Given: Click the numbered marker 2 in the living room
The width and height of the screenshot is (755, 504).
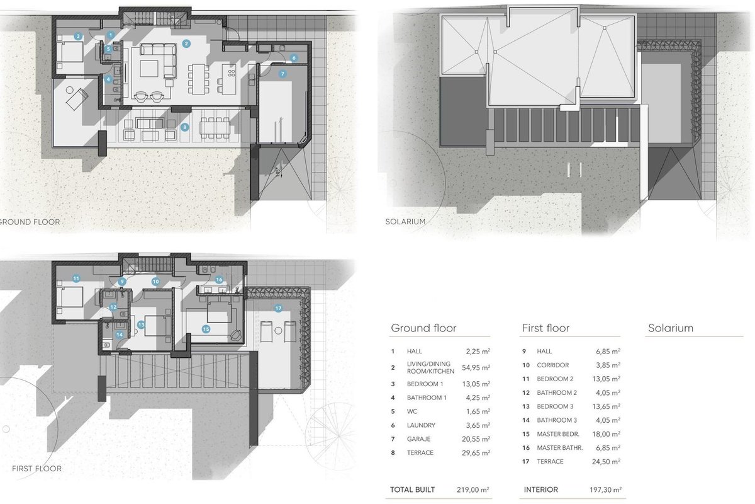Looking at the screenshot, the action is [x=186, y=43].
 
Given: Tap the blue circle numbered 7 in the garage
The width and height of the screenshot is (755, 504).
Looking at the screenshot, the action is [x=282, y=74].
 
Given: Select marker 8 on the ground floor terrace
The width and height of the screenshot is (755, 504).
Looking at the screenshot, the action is [x=184, y=127].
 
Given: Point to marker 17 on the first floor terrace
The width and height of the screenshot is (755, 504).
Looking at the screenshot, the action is [x=278, y=308].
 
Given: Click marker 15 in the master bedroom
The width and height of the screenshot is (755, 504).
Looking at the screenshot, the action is [x=206, y=329].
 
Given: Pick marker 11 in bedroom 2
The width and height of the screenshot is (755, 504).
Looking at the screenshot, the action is [x=76, y=278].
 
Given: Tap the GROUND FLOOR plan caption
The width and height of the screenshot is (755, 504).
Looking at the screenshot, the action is [x=30, y=222].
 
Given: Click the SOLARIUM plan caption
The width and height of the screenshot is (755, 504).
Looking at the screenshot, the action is [x=405, y=222].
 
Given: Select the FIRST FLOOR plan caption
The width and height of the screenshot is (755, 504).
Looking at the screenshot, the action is [x=36, y=469].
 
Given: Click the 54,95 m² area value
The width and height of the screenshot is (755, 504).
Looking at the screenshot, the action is [x=476, y=367].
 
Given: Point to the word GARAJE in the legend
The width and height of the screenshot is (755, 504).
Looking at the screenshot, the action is [x=418, y=439].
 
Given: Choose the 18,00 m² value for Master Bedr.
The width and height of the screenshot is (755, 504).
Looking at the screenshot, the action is [x=606, y=434].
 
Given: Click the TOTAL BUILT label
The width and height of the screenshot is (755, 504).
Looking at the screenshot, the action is [x=412, y=490].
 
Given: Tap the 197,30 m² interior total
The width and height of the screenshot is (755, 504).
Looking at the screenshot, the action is [x=605, y=490].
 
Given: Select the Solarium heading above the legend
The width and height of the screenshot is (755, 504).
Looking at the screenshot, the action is [x=671, y=328].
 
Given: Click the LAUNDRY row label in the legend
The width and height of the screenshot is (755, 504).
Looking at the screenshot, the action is [x=421, y=425].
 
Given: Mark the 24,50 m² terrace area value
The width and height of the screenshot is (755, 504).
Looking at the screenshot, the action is [x=606, y=461].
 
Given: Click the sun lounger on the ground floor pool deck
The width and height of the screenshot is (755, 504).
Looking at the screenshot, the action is [x=77, y=99].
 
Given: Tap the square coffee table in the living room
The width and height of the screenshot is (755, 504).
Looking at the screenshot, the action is [x=148, y=69].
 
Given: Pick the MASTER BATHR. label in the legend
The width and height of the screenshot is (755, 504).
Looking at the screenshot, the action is [x=559, y=448].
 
